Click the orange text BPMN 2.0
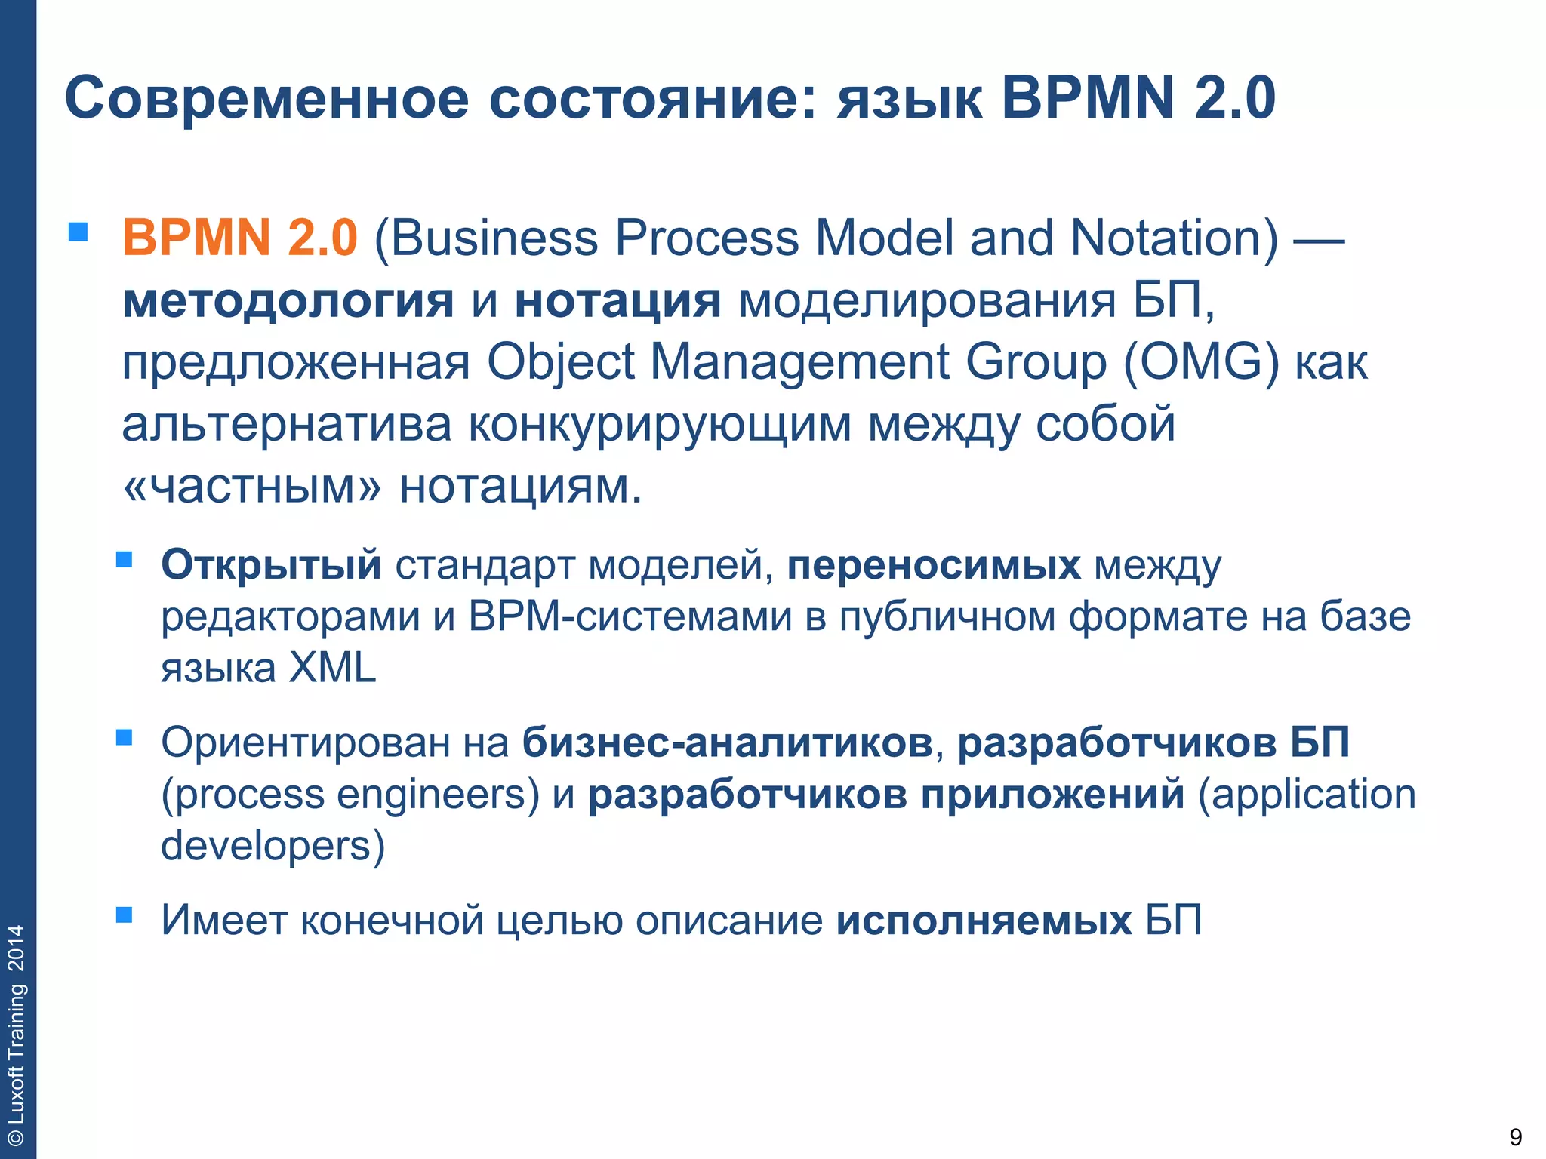(239, 238)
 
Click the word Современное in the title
(266, 99)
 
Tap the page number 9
(1515, 1136)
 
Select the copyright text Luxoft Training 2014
(17, 1034)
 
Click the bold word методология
(288, 301)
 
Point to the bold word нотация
(617, 301)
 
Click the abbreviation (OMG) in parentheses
(1201, 362)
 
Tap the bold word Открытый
(271, 564)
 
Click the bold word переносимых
(933, 564)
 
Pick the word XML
(332, 668)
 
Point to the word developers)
(273, 846)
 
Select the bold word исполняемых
(984, 921)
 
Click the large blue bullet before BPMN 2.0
(78, 232)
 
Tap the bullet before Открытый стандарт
(125, 559)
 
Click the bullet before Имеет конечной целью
(125, 915)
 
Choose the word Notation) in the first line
(1175, 238)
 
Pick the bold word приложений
(1052, 795)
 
